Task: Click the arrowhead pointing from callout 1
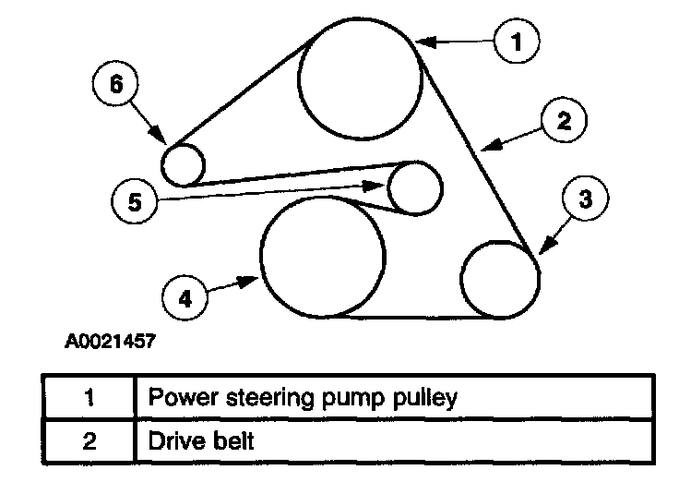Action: click(x=425, y=42)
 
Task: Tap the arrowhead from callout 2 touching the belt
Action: click(x=492, y=145)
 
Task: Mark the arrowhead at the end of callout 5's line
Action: click(x=374, y=186)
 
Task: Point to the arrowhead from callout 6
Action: click(x=159, y=135)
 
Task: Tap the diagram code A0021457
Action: click(x=110, y=341)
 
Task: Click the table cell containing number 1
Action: click(x=89, y=397)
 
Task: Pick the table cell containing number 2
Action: click(x=89, y=441)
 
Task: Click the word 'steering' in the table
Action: click(x=269, y=398)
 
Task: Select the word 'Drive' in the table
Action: click(x=172, y=441)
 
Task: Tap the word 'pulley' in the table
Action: click(x=424, y=398)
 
